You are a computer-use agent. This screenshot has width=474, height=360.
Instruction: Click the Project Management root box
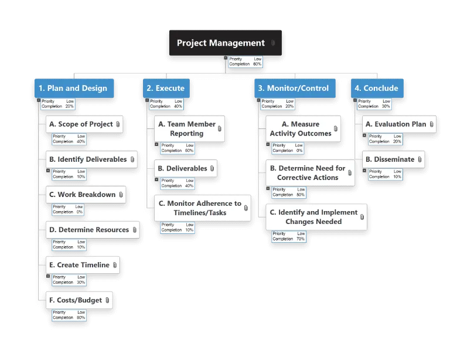(225, 43)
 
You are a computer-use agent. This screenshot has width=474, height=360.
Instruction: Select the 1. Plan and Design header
(74, 88)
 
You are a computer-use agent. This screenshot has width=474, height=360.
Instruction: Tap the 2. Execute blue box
(166, 88)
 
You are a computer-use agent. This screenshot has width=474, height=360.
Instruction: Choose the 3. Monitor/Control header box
(295, 88)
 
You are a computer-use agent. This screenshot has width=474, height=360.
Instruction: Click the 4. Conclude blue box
(377, 88)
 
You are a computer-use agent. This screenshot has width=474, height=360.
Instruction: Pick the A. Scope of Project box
(84, 124)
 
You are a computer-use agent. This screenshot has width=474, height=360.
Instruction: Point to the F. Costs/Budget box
(79, 300)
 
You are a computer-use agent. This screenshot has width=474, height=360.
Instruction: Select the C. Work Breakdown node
(86, 195)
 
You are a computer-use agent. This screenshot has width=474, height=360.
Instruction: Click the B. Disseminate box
(393, 159)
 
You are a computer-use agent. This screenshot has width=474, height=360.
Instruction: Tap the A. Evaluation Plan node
(399, 124)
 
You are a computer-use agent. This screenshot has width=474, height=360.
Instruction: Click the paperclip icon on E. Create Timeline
(115, 265)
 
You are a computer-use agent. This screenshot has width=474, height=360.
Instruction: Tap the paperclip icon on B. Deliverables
(212, 168)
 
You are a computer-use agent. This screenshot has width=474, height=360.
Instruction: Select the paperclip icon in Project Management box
(273, 43)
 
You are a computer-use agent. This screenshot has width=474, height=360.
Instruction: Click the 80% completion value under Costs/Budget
(81, 318)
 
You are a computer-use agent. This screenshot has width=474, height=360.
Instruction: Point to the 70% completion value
(301, 239)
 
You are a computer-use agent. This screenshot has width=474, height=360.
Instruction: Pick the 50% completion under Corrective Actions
(301, 195)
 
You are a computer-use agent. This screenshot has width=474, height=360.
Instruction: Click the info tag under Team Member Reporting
(178, 148)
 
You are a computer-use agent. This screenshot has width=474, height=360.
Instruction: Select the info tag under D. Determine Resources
(69, 244)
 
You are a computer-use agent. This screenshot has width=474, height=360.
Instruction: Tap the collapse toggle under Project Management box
(226, 58)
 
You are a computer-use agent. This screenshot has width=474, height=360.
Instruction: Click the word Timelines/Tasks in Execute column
(200, 213)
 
